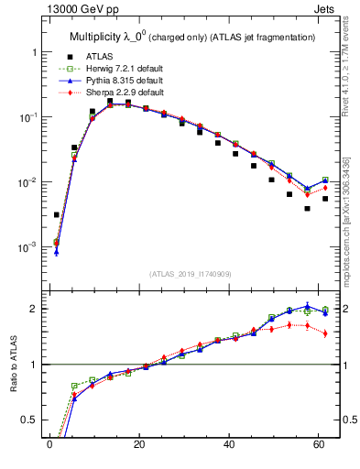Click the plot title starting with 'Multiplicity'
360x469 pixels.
click(x=192, y=37)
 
